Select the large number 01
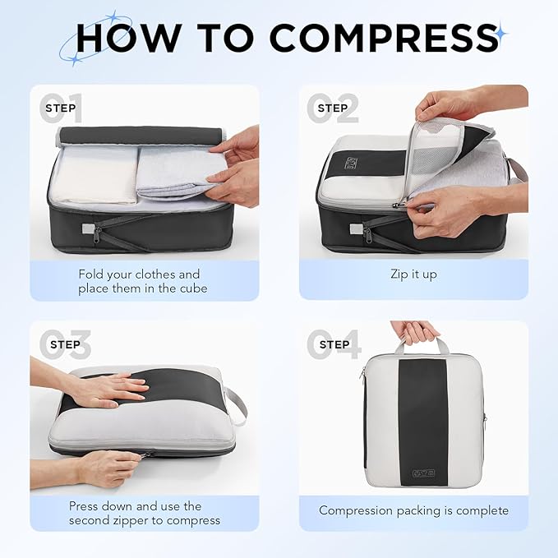tap(61, 108)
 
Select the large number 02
tap(333, 108)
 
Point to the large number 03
tap(61, 344)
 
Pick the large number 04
tap(333, 344)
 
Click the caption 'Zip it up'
tap(413, 274)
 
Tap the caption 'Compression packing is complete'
tap(413, 510)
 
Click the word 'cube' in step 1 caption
tap(191, 288)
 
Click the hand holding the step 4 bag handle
tap(415, 331)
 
